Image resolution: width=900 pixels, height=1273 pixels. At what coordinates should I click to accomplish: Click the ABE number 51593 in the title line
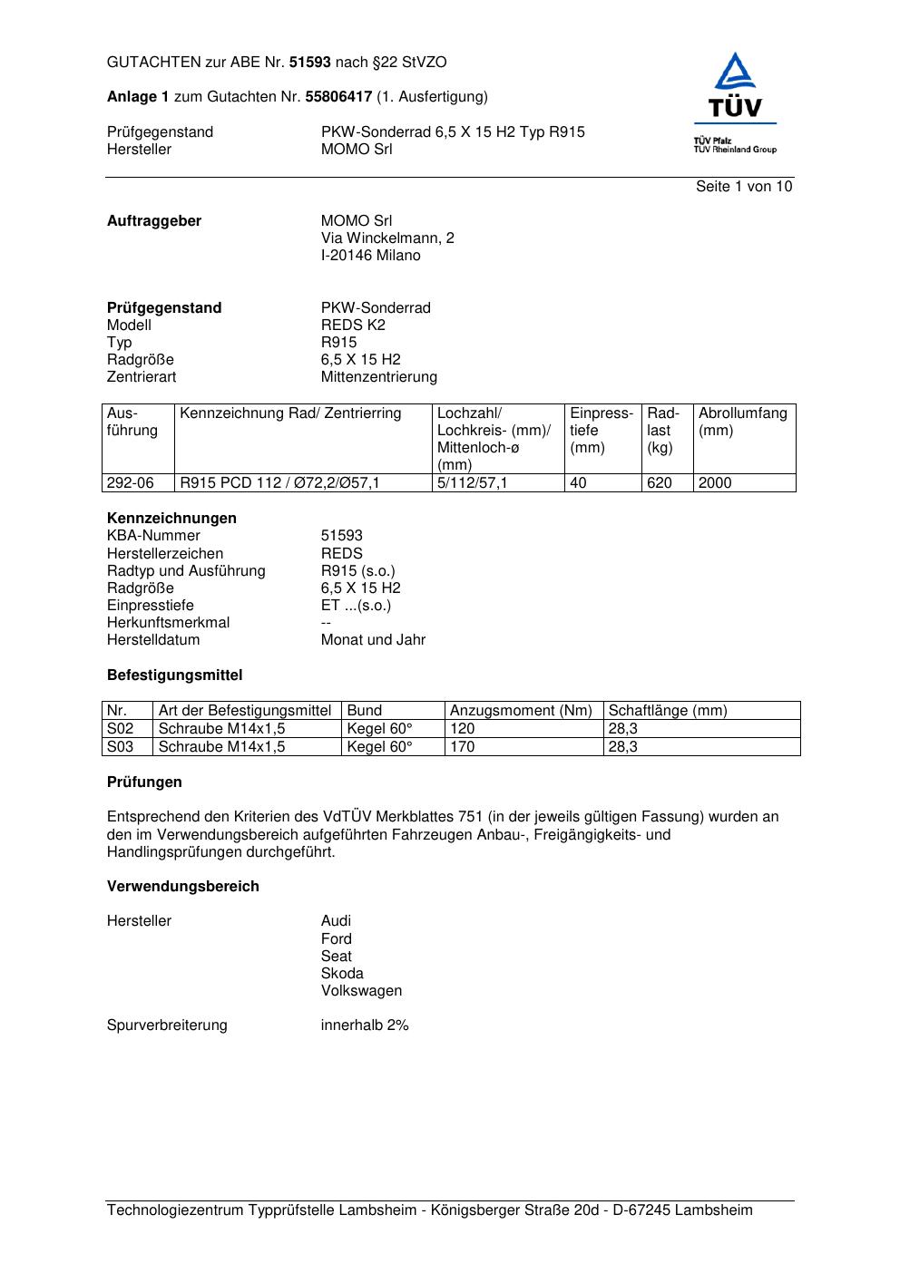310,63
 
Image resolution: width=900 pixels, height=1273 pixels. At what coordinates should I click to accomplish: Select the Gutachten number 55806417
338,97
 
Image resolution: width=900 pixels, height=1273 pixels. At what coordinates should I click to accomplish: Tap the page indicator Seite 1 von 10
744,187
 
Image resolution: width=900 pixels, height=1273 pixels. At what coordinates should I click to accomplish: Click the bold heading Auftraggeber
154,221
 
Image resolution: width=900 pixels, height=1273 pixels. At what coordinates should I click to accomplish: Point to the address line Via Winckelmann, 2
387,238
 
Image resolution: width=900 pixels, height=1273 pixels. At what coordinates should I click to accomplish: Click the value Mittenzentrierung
378,377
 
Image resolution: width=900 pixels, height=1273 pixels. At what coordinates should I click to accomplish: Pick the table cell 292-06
131,483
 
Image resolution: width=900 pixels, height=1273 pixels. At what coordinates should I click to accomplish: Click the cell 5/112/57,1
473,483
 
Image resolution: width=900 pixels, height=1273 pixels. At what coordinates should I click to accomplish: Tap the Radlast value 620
660,483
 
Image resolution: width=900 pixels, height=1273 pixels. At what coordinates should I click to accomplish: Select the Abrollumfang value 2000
715,483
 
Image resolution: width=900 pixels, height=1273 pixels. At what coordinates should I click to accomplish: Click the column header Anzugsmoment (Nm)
521,711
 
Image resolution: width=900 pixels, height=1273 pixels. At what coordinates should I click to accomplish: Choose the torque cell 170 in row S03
463,747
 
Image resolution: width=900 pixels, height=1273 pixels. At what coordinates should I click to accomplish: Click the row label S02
120,729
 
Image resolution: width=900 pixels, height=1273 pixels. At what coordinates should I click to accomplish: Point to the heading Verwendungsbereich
183,887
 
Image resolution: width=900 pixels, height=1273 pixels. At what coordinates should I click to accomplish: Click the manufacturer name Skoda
342,974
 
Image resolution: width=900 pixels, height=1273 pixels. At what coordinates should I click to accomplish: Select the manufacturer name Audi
336,921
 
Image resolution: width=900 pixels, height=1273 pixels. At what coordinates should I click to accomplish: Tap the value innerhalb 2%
365,1025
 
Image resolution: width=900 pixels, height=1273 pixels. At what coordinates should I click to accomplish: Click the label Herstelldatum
153,640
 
